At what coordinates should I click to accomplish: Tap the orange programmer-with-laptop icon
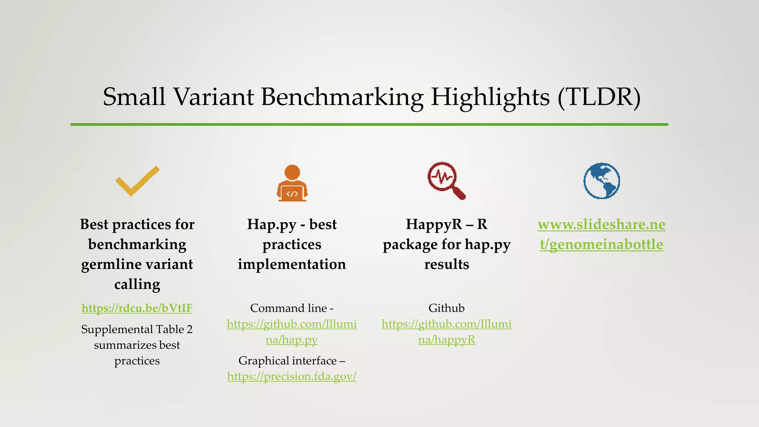coord(292,183)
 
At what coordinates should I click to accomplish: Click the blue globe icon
coord(601,181)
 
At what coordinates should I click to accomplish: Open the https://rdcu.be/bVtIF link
coord(137,308)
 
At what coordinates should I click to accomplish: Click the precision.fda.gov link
coord(292,376)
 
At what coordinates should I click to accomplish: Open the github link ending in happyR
coord(446,332)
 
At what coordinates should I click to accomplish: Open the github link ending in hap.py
coord(292,332)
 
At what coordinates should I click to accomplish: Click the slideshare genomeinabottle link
coord(601,234)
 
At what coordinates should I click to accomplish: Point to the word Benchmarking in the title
coord(342,97)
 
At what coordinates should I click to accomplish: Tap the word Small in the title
coord(134,97)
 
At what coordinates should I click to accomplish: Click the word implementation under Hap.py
coord(292,264)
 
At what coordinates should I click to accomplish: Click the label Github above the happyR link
coord(446,308)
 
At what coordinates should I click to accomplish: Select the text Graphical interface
coord(288,361)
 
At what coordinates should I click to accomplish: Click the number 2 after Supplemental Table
coord(189,329)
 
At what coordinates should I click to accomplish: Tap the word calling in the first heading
coord(137,284)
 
